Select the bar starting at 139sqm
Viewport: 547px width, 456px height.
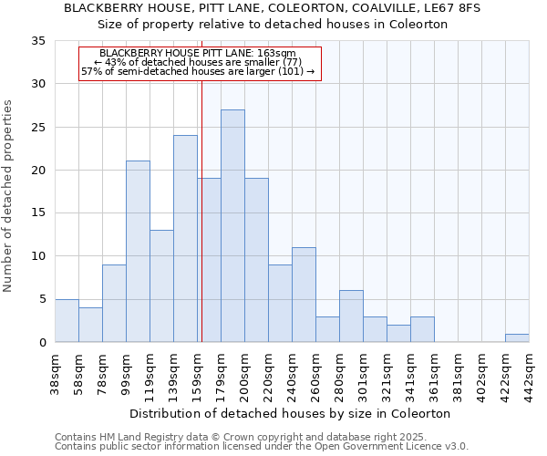coord(185,238)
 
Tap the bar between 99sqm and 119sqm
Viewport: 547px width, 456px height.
coord(138,251)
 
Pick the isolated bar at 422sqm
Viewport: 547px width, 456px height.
coord(517,337)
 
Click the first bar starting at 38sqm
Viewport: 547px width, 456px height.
coord(67,320)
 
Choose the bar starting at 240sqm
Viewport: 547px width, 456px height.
coord(304,295)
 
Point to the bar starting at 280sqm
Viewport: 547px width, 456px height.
coord(351,316)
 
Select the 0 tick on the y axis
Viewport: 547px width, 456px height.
coord(42,343)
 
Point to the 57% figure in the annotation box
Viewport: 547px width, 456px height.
coord(90,71)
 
